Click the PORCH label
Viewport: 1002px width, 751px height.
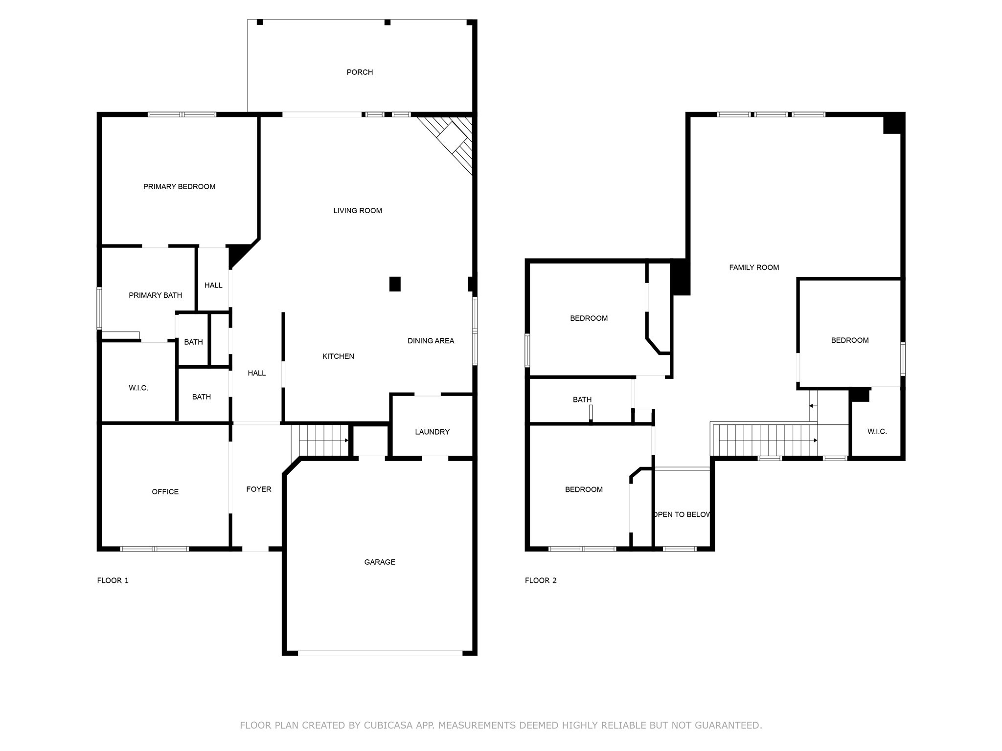pyautogui.click(x=360, y=72)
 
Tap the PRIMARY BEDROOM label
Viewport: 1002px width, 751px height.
pyautogui.click(x=179, y=187)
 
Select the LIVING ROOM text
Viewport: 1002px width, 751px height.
pyautogui.click(x=358, y=211)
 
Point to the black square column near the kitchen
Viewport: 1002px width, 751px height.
pyautogui.click(x=395, y=284)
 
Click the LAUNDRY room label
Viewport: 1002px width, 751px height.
pyautogui.click(x=432, y=432)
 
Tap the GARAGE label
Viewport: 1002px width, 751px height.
pyautogui.click(x=380, y=562)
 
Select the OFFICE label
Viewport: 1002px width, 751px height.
pyautogui.click(x=165, y=492)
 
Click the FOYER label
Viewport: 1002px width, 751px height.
pyautogui.click(x=258, y=489)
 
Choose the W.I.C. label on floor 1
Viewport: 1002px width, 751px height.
pyautogui.click(x=138, y=388)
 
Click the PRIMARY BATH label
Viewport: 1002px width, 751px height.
pyautogui.click(x=155, y=295)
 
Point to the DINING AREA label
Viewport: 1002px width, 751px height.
pyautogui.click(x=431, y=341)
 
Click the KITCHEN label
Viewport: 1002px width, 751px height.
pyautogui.click(x=338, y=356)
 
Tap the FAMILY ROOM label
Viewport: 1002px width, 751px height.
pyautogui.click(x=754, y=267)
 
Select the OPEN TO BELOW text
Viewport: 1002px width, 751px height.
pyautogui.click(x=682, y=515)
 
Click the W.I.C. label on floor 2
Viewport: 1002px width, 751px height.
pyautogui.click(x=877, y=432)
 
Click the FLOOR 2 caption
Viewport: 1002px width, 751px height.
pyautogui.click(x=541, y=581)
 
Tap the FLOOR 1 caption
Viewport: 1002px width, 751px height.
pyautogui.click(x=113, y=581)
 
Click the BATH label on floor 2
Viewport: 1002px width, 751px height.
pyautogui.click(x=582, y=400)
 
